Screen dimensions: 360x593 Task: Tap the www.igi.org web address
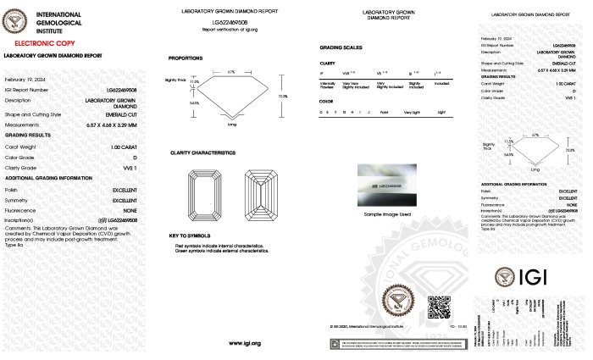[243, 343]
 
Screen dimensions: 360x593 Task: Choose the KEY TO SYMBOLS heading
[188, 235]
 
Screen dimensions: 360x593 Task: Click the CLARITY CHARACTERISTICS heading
[202, 152]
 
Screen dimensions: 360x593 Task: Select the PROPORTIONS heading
[186, 58]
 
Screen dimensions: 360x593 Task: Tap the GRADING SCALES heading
[341, 47]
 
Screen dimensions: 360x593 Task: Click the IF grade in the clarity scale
[322, 74]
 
